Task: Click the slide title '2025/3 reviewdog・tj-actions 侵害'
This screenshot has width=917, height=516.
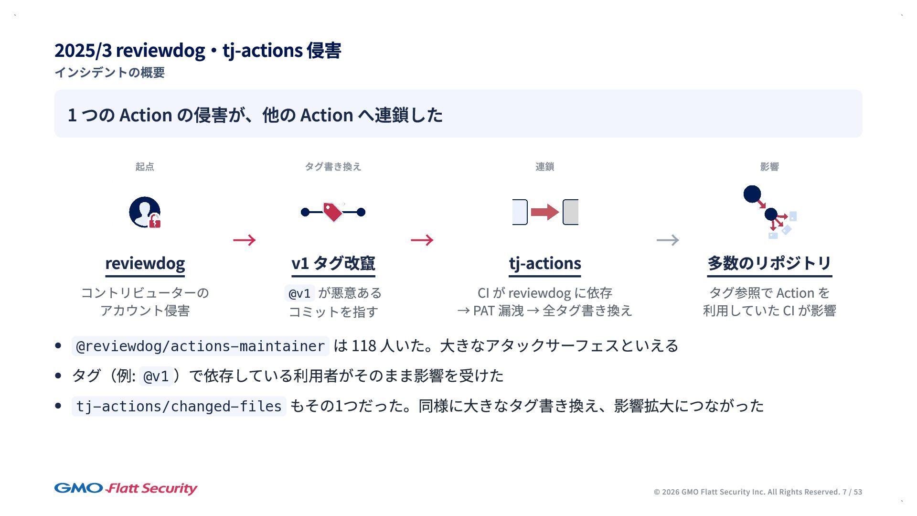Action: pyautogui.click(x=198, y=50)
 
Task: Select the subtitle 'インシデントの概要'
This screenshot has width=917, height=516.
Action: pyautogui.click(x=109, y=73)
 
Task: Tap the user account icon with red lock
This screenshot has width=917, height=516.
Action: pyautogui.click(x=145, y=212)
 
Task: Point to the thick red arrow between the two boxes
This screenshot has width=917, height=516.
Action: pyautogui.click(x=544, y=212)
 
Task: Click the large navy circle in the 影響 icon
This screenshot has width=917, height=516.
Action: pyautogui.click(x=752, y=194)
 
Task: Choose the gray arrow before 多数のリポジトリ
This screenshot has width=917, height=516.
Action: pyautogui.click(x=668, y=240)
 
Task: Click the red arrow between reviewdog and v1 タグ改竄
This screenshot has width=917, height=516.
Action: pyautogui.click(x=244, y=240)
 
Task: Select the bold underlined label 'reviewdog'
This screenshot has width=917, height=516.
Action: pyautogui.click(x=145, y=263)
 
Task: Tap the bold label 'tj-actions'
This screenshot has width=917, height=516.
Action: pyautogui.click(x=545, y=263)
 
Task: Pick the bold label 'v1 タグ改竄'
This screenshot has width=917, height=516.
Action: pyautogui.click(x=333, y=263)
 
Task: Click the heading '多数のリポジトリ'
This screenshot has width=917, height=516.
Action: pyautogui.click(x=769, y=263)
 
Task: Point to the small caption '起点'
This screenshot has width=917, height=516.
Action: pyautogui.click(x=145, y=167)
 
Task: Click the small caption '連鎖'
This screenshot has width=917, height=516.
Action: pyautogui.click(x=544, y=167)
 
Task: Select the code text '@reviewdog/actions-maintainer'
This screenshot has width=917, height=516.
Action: pyautogui.click(x=200, y=346)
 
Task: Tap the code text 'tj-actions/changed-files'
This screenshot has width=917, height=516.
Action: pyautogui.click(x=179, y=406)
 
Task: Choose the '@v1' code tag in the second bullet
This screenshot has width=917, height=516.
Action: pyautogui.click(x=156, y=376)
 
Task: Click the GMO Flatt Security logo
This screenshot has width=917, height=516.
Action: pyautogui.click(x=126, y=488)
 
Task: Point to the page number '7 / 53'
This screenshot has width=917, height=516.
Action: pyautogui.click(x=852, y=492)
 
